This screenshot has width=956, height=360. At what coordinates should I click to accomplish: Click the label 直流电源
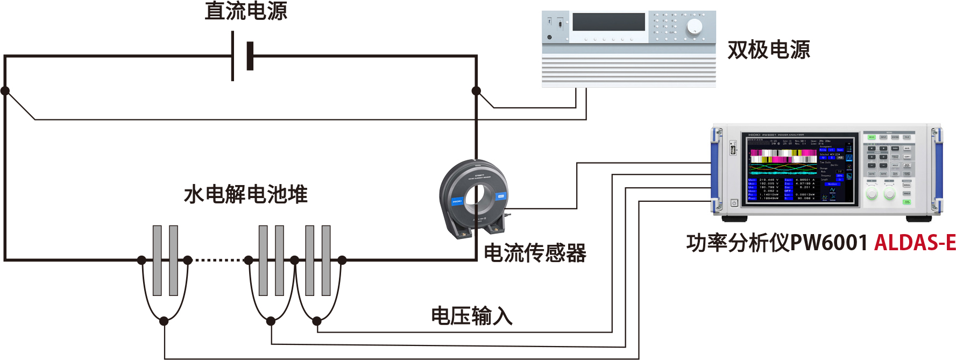(x=246, y=11)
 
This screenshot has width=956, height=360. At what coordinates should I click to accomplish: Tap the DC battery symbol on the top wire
(x=242, y=56)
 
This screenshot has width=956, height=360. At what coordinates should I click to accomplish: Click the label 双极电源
(x=768, y=50)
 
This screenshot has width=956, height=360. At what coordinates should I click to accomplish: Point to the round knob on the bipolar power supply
(x=694, y=26)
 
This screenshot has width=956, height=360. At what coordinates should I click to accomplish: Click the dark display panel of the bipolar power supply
(x=608, y=22)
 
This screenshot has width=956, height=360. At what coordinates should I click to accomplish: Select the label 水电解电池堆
(x=245, y=194)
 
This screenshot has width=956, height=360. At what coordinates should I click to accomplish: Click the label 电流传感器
(x=535, y=253)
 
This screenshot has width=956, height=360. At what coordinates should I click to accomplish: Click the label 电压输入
(x=471, y=316)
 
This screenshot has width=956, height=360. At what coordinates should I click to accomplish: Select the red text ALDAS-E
(x=915, y=243)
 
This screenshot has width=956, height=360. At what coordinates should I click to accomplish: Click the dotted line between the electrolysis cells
(x=218, y=260)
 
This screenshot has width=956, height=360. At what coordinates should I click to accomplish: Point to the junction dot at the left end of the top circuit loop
(x=5, y=91)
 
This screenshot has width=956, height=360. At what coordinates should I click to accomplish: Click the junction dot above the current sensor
(x=476, y=91)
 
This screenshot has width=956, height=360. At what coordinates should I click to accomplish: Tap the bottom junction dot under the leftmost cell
(x=164, y=321)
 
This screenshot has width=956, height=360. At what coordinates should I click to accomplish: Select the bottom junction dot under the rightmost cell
(x=317, y=321)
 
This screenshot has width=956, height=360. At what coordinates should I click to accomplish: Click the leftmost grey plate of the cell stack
(x=157, y=260)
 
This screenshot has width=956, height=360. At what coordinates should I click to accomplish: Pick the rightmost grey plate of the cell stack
(x=326, y=260)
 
